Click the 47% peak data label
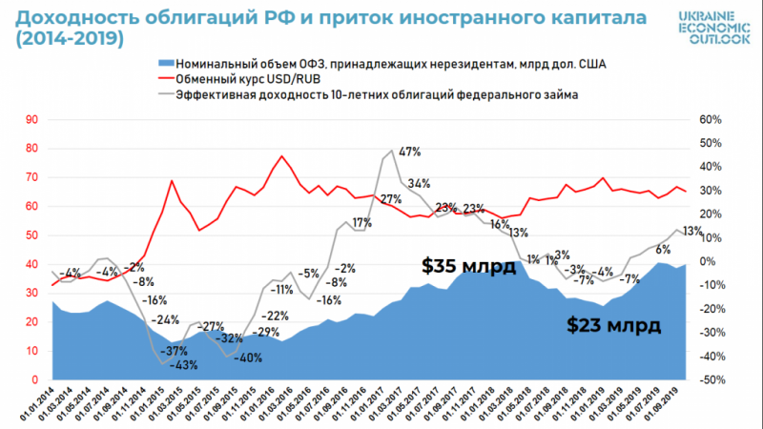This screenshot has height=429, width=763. (x=410, y=152)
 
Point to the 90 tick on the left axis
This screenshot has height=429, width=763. (x=32, y=119)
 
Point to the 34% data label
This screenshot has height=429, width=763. (x=419, y=183)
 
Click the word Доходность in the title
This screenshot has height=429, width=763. (x=72, y=17)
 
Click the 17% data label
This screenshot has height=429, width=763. (x=361, y=223)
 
